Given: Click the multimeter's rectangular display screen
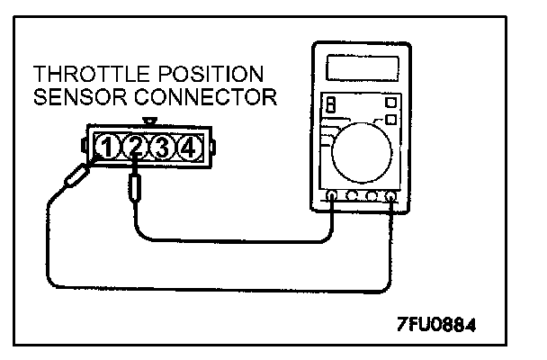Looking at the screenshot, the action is [363, 67].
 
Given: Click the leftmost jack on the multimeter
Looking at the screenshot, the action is [333, 196].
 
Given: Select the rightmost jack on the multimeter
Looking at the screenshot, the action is [391, 196].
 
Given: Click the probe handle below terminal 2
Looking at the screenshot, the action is [135, 189].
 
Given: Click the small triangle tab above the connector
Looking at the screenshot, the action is [148, 120].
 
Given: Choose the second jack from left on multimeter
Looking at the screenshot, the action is [352, 196].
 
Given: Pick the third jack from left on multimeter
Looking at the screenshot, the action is [372, 196].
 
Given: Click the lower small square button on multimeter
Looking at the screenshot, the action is [390, 117].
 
